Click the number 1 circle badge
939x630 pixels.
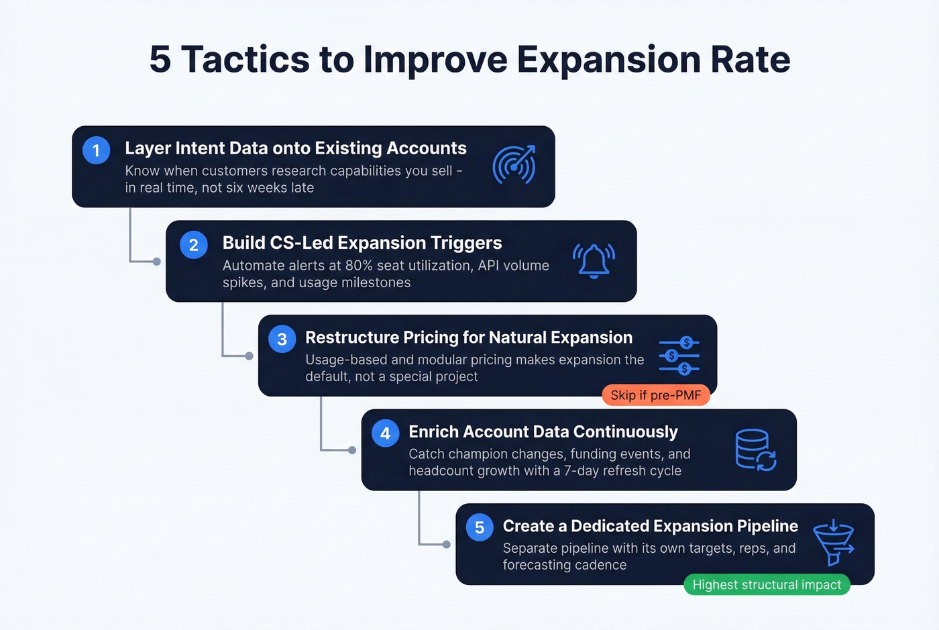pyautogui.click(x=96, y=150)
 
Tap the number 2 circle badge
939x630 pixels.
pyautogui.click(x=193, y=245)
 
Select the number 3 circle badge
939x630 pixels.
pyautogui.click(x=282, y=339)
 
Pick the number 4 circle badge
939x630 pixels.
pyautogui.click(x=385, y=433)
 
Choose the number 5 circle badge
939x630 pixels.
pyautogui.click(x=479, y=527)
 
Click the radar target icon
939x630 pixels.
pyautogui.click(x=514, y=164)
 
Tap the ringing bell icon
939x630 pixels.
pyautogui.click(x=594, y=260)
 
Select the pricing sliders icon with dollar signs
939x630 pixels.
pyautogui.click(x=679, y=356)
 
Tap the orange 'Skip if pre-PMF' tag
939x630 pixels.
pyautogui.click(x=655, y=395)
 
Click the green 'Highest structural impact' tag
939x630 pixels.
pyautogui.click(x=767, y=585)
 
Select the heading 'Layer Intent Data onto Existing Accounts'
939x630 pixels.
pyautogui.click(x=295, y=148)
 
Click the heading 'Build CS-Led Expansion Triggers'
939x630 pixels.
pyautogui.click(x=362, y=243)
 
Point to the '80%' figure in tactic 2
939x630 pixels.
pyautogui.click(x=359, y=266)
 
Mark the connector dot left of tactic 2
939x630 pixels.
pyautogui.click(x=157, y=262)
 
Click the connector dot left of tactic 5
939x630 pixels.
pyautogui.click(x=447, y=544)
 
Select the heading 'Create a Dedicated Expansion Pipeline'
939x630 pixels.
pyautogui.click(x=650, y=526)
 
